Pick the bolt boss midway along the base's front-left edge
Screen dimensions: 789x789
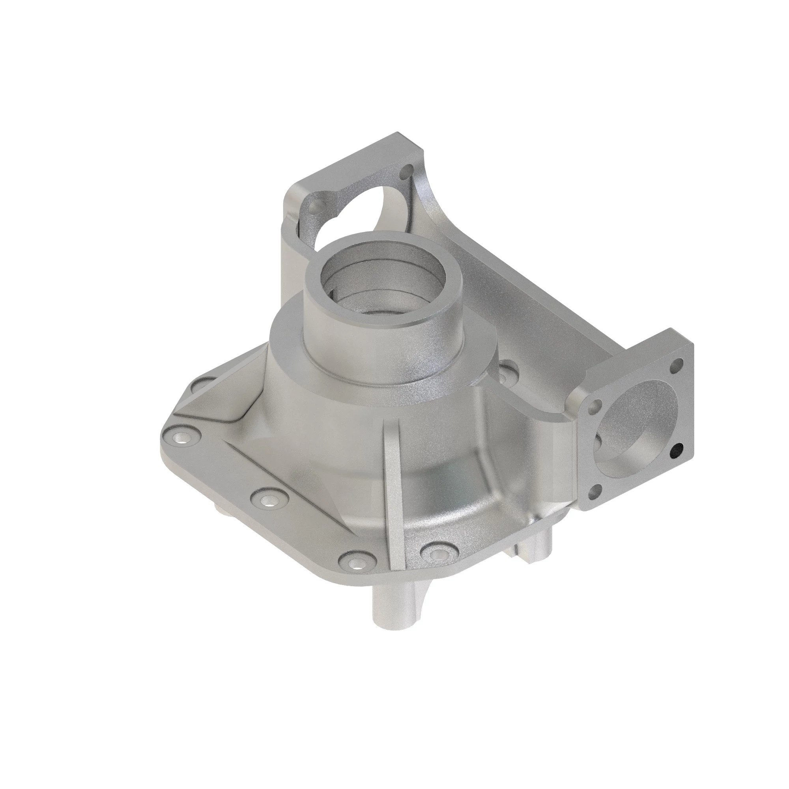pyautogui.click(x=267, y=499)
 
